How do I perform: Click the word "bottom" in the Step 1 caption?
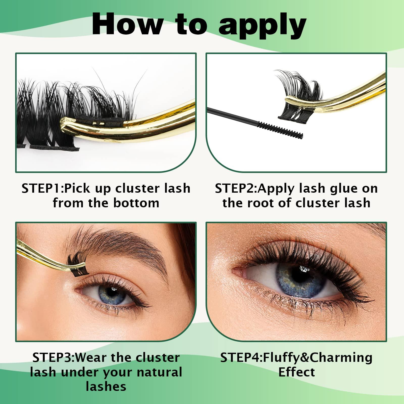136,203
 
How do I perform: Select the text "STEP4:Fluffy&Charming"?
296,358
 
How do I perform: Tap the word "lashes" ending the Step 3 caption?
106,387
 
